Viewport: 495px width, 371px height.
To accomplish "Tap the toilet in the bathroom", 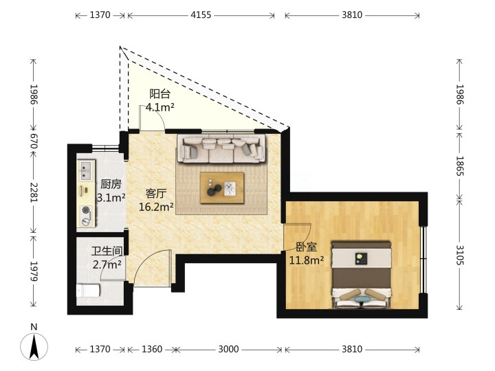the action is tap(88, 291).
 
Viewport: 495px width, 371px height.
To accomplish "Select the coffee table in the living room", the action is tap(222, 188).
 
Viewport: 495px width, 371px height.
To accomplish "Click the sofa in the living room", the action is tap(221, 148).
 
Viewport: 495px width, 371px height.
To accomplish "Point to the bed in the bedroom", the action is tap(361, 275).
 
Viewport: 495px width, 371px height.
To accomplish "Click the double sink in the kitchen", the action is tap(86, 170).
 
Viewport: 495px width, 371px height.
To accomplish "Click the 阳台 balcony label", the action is tap(159, 93).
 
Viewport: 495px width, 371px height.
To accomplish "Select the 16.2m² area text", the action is tap(156, 207).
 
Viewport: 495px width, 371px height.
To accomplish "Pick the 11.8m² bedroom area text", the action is tap(307, 260).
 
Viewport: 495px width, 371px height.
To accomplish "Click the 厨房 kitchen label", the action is tap(111, 184).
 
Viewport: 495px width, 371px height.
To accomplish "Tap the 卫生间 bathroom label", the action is tap(107, 251).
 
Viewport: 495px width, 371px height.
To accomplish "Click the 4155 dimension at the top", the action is tap(201, 15).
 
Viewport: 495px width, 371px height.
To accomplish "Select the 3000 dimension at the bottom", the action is tap(228, 349).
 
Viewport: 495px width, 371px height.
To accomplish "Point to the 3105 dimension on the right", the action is tap(460, 255).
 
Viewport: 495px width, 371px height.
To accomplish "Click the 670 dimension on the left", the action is tap(34, 141).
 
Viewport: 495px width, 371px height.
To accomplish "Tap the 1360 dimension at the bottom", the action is tap(152, 349).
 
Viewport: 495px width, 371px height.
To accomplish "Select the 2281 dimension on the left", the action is tap(34, 192).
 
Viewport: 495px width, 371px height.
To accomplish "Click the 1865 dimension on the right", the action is tap(460, 166).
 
